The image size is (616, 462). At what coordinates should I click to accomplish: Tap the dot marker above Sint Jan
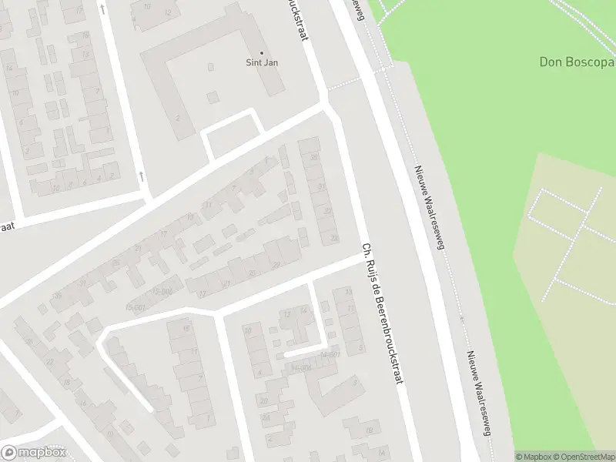pyautogui.click(x=260, y=53)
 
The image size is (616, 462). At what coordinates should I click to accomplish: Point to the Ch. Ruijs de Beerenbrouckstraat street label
pyautogui.click(x=383, y=316)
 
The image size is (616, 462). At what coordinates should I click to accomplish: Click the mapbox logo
pyautogui.click(x=33, y=453)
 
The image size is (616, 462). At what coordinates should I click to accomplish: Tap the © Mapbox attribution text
pyautogui.click(x=534, y=457)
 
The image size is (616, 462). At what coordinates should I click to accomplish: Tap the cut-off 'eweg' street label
pyautogui.click(x=357, y=5)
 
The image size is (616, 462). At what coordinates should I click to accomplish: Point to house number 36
pyautogui.click(x=56, y=296)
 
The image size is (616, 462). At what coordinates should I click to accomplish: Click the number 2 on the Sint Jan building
pyautogui.click(x=178, y=118)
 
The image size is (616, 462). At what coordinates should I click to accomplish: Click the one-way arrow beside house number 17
pyautogui.click(x=141, y=176)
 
